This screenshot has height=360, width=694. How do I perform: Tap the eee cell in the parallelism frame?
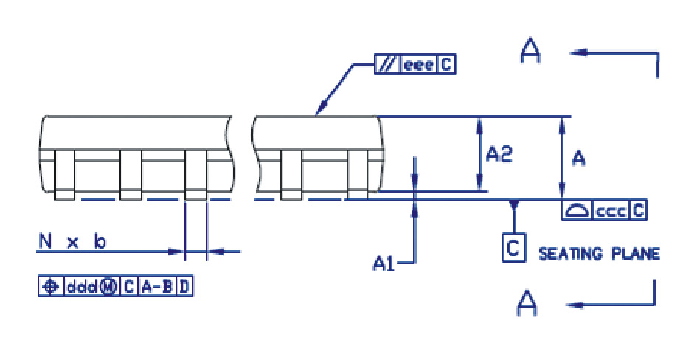418,66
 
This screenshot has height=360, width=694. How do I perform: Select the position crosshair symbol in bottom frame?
50,287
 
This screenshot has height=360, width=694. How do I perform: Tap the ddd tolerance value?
81,287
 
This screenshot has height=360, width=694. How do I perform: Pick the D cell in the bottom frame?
184,287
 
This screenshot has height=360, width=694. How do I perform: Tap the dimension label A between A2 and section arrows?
579,158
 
